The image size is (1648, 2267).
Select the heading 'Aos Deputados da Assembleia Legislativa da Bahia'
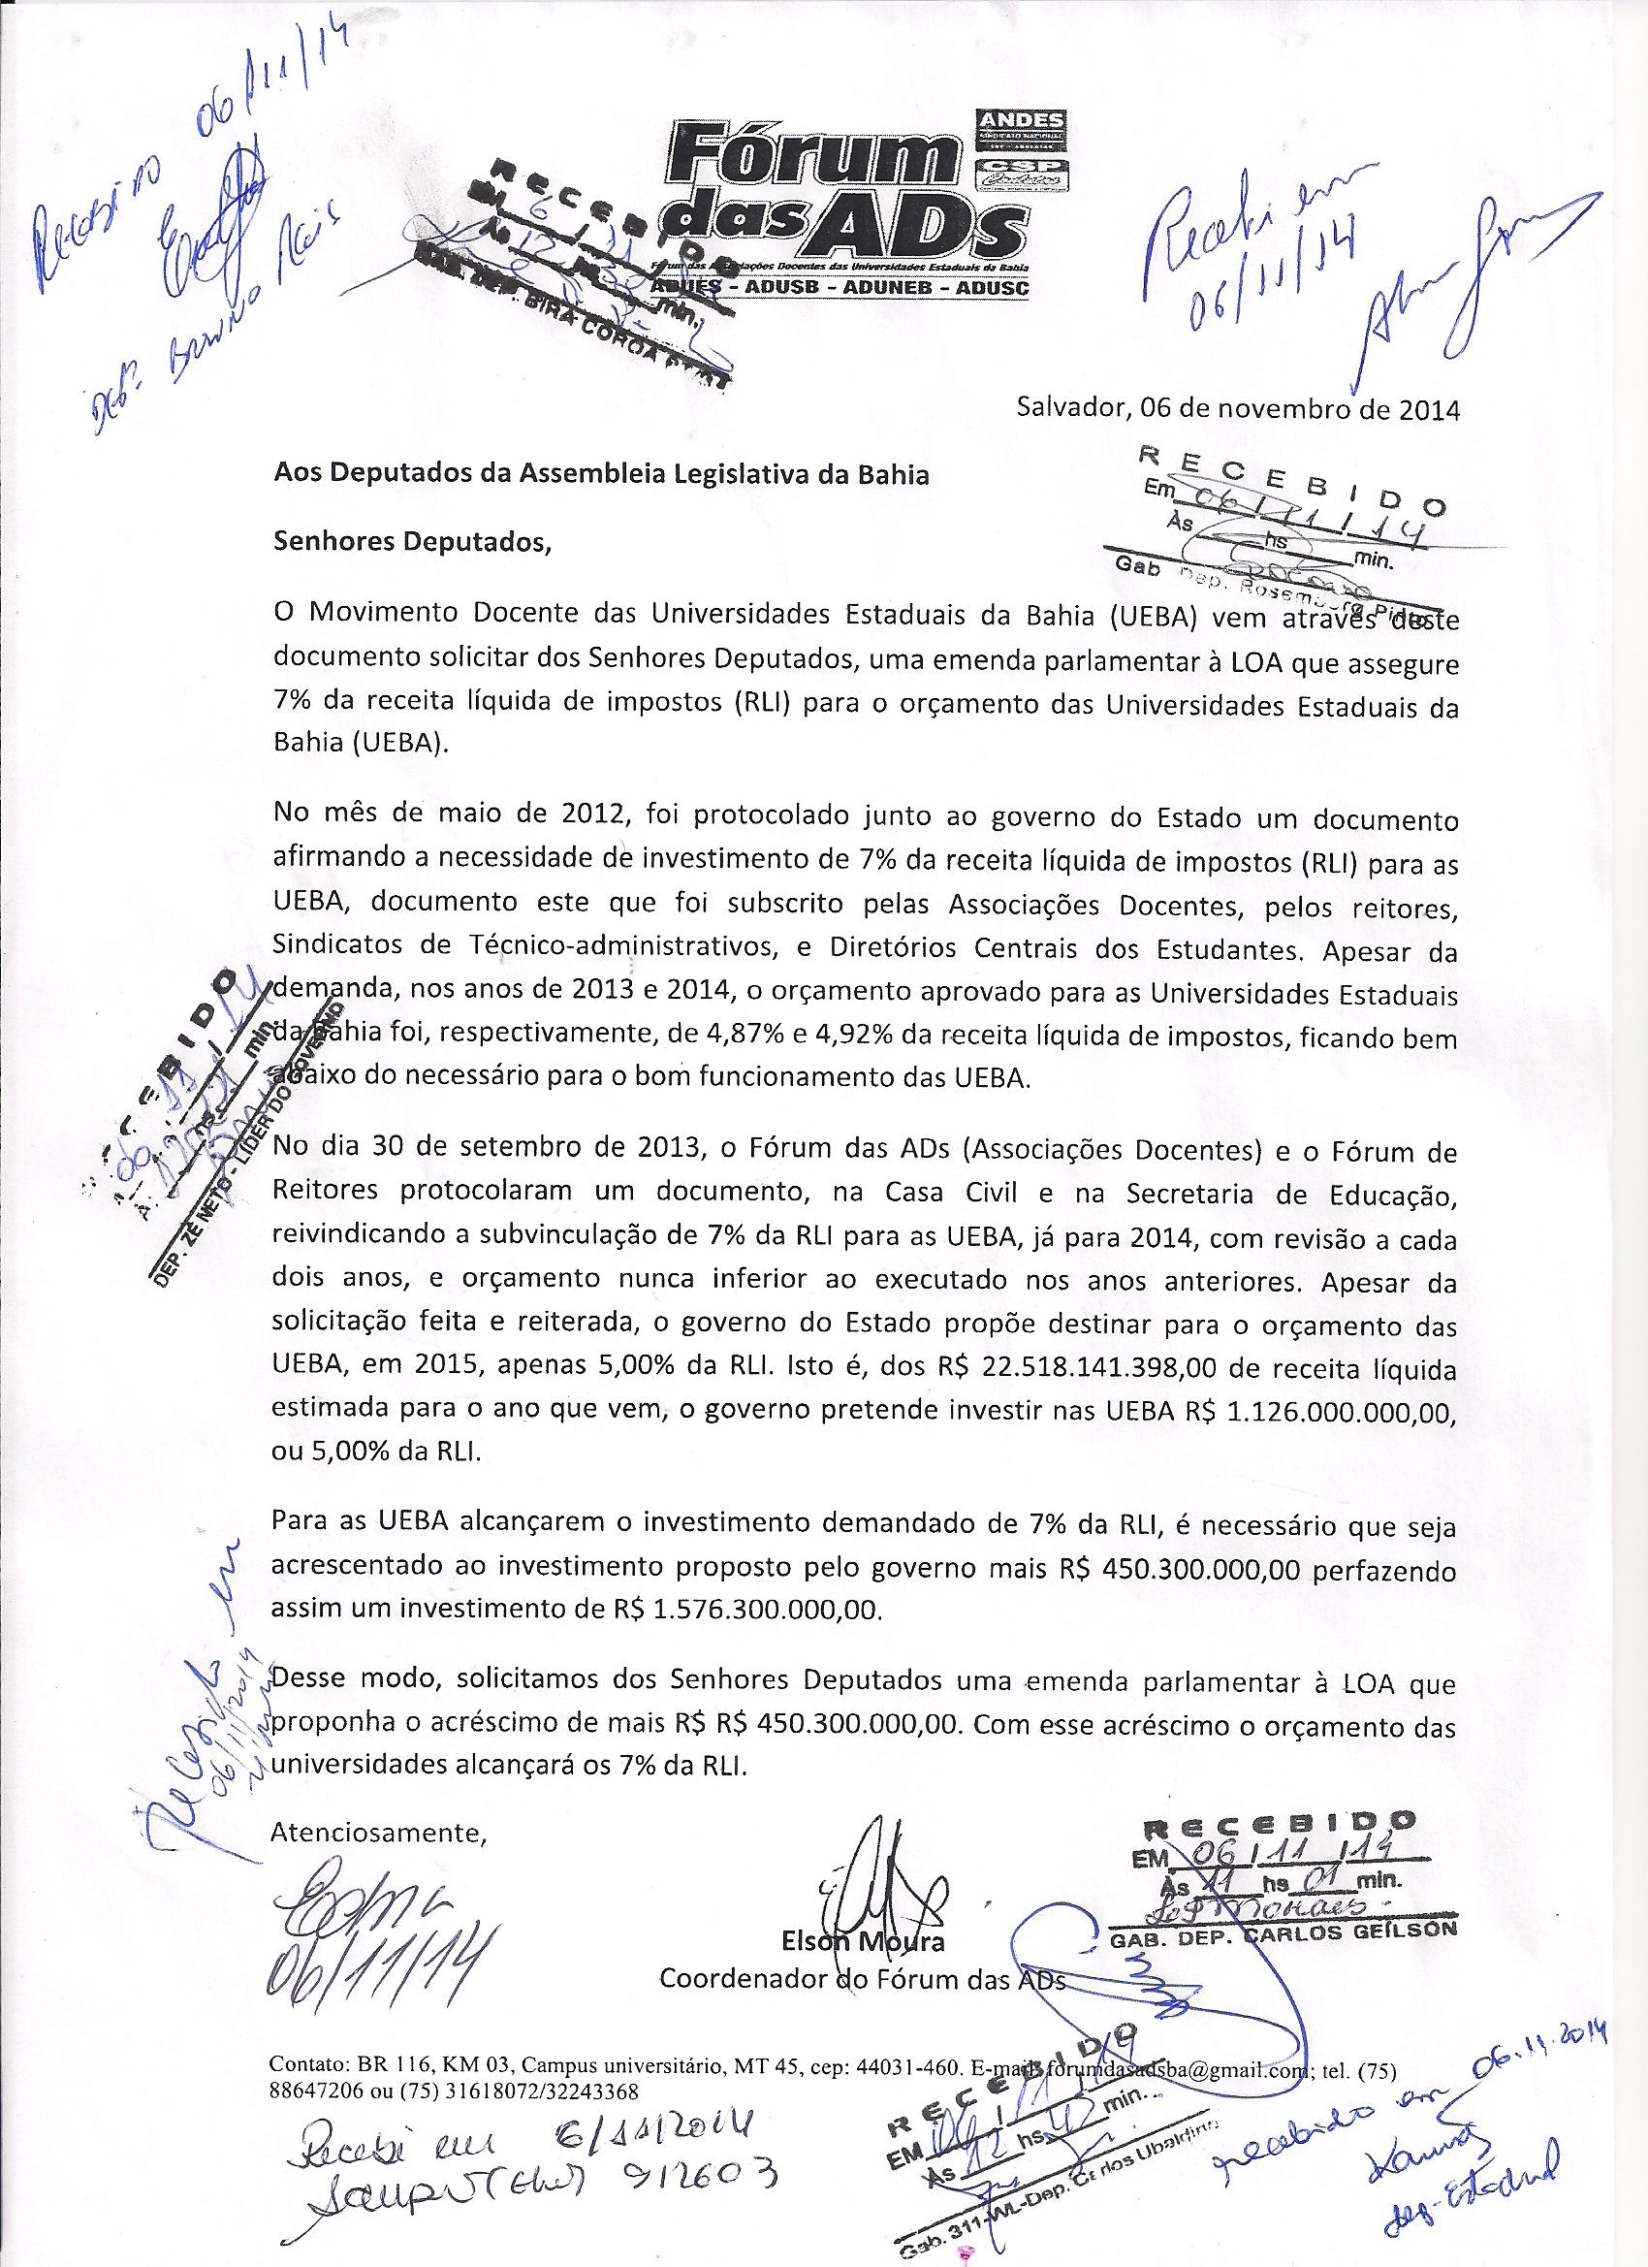pos(601,475)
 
